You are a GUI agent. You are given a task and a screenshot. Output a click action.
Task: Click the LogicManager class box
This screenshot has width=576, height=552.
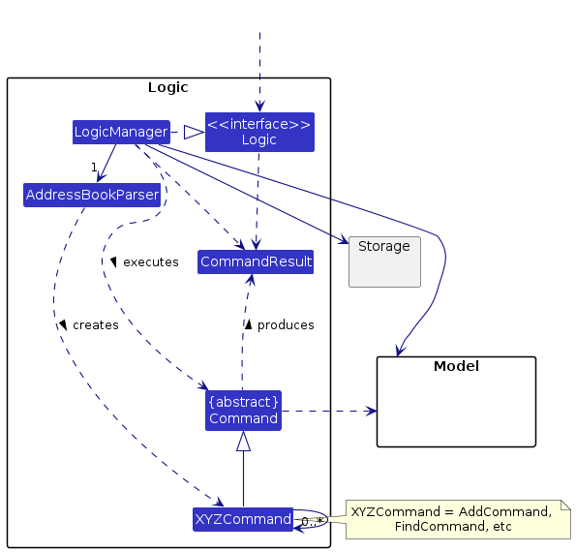tap(121, 132)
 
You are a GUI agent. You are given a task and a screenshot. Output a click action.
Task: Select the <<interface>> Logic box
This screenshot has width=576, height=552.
tap(259, 132)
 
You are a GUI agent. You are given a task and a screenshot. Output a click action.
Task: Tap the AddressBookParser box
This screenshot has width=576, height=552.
tap(92, 195)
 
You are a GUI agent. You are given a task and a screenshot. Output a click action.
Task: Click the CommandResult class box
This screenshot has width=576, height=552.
tap(256, 261)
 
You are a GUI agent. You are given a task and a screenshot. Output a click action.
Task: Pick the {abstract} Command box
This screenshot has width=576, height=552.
tap(243, 410)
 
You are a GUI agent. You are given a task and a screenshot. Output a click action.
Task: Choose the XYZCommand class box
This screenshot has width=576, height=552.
tap(243, 519)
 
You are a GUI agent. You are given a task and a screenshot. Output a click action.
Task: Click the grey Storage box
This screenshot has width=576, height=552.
tap(384, 261)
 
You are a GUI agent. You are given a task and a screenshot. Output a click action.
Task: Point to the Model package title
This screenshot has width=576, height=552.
tap(455, 366)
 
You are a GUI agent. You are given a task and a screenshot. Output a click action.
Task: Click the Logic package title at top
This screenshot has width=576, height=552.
tap(167, 87)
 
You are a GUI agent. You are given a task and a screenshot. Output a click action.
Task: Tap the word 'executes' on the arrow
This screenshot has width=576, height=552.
tap(150, 261)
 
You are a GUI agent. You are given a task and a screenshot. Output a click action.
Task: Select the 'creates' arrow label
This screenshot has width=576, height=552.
tap(95, 325)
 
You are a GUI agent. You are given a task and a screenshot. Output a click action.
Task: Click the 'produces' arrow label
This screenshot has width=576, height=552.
tap(286, 325)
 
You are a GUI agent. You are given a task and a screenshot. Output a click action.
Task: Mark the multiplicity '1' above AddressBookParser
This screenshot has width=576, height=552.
tap(94, 168)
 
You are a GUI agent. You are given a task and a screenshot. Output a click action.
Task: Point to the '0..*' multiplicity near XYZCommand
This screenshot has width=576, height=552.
tap(312, 522)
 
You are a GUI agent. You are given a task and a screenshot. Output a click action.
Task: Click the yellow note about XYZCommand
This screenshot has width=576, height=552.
tap(450, 518)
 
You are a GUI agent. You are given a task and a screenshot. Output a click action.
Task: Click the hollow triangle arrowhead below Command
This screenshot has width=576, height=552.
tap(243, 442)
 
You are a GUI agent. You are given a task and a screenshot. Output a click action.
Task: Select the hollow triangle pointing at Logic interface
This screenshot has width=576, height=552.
tap(194, 132)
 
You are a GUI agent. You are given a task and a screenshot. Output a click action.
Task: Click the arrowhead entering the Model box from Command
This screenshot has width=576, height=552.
tap(371, 411)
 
